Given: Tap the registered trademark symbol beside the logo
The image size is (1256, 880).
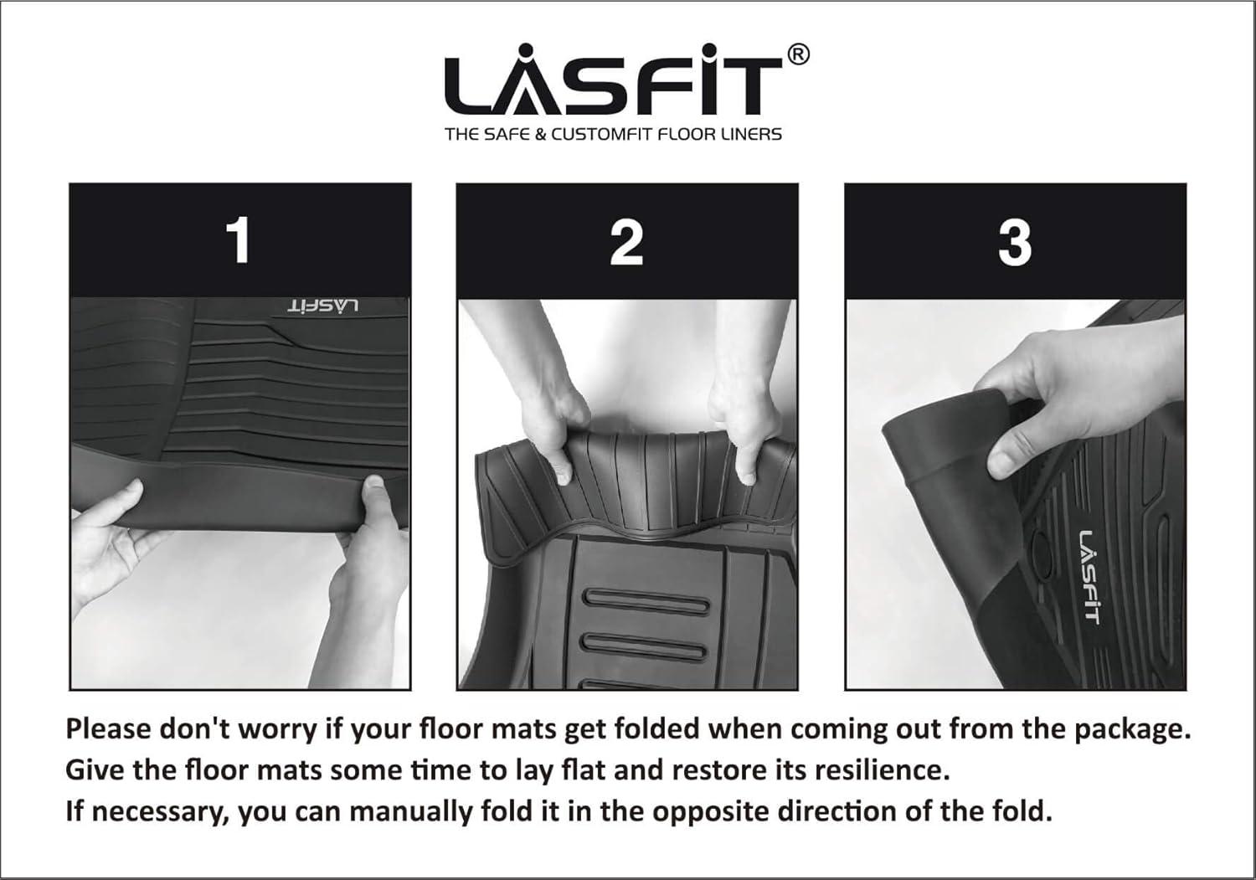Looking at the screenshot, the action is point(799,55).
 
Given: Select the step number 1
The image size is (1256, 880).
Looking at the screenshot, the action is point(240,240).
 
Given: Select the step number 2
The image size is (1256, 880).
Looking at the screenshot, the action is point(626,241).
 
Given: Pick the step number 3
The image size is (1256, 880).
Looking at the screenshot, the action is point(1015,242).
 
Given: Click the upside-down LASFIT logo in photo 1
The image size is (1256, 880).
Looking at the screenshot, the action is point(323,306).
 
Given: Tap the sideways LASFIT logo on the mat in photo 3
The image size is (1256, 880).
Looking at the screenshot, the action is point(1088,577).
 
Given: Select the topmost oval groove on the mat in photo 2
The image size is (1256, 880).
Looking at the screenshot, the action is point(646,601).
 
